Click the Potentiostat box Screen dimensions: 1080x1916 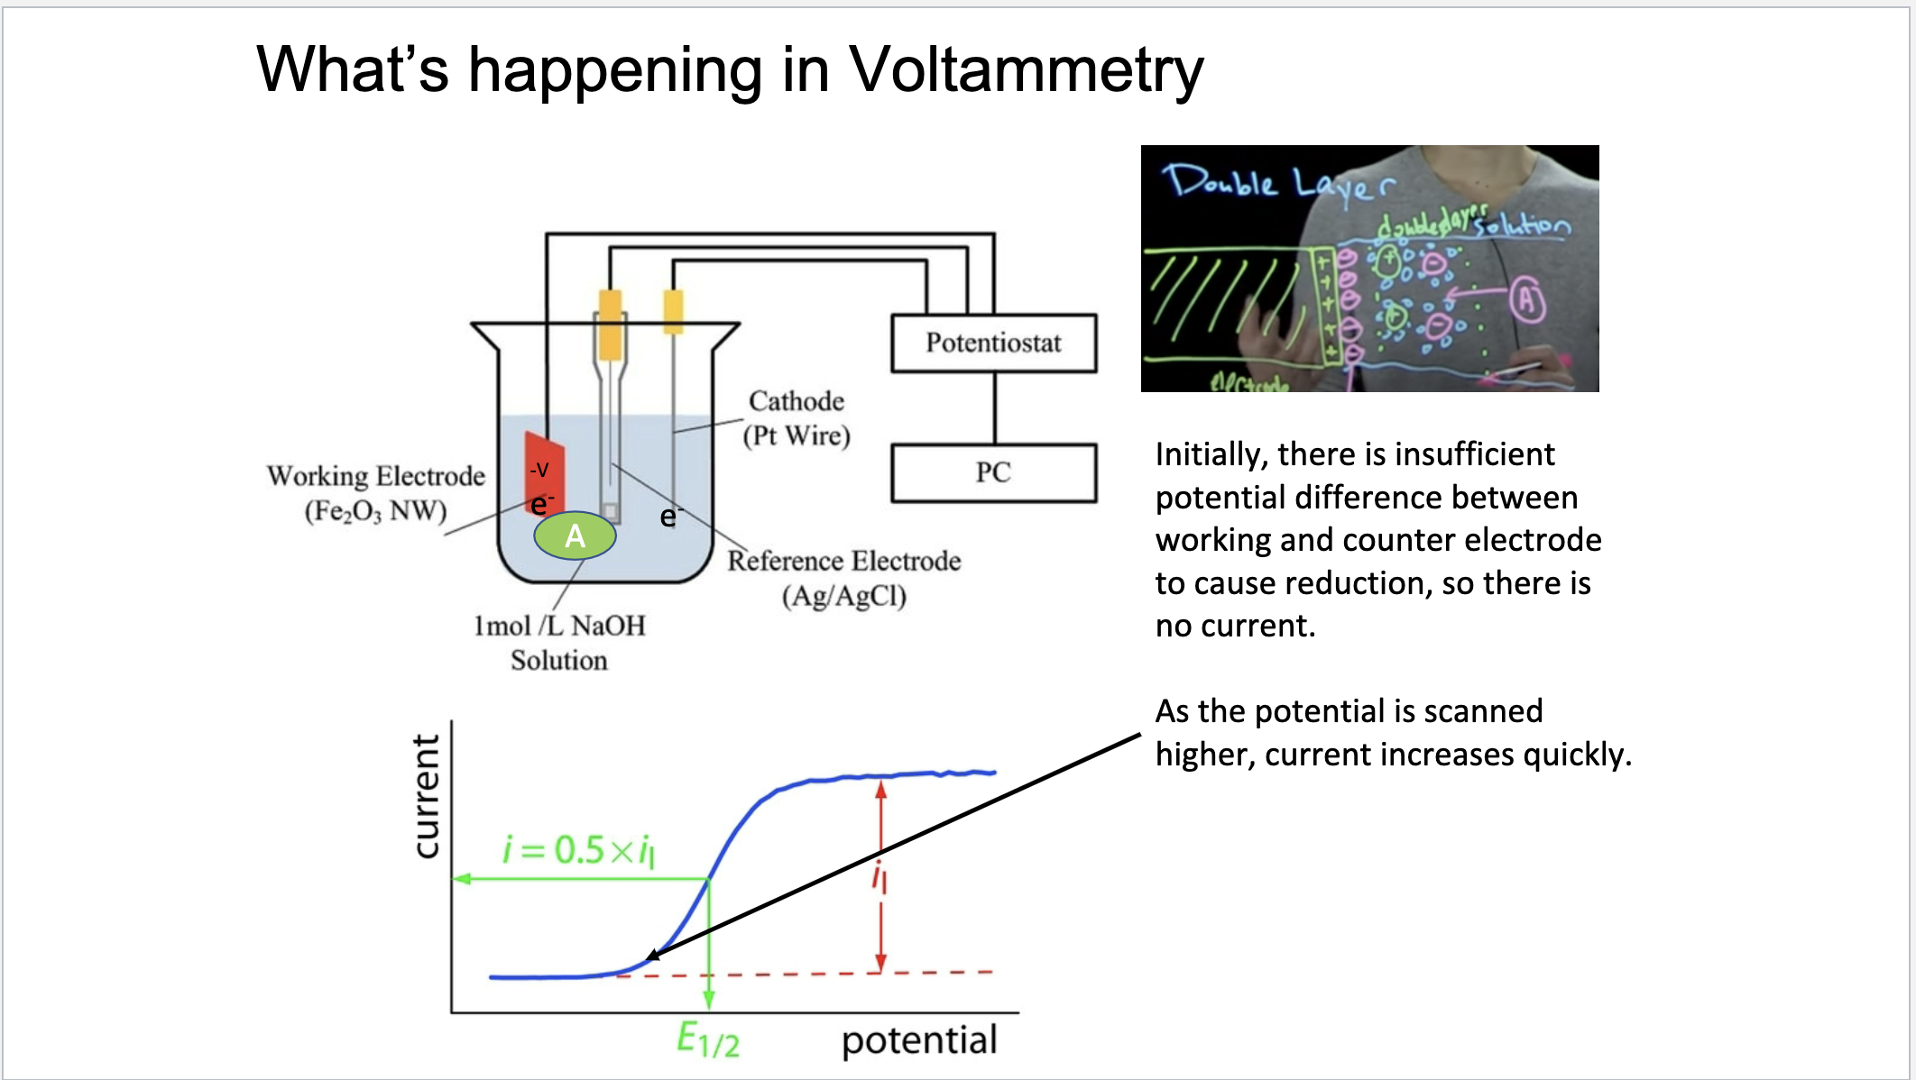(993, 343)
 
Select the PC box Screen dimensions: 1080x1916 (993, 472)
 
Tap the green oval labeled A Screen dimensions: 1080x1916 (575, 536)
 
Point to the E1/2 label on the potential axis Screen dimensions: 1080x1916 (707, 1040)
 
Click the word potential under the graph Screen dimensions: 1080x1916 (919, 1040)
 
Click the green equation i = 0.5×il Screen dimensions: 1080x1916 (577, 849)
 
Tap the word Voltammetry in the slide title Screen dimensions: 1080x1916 (1026, 70)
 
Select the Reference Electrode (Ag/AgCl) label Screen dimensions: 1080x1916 (843, 578)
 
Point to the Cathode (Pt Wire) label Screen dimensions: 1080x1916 (797, 418)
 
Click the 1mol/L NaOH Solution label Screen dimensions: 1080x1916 (559, 642)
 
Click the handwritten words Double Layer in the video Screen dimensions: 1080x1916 (1276, 184)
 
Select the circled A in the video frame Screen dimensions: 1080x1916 (1526, 300)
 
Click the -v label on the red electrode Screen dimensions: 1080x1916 (539, 469)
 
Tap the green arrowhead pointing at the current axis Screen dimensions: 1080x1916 (461, 878)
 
